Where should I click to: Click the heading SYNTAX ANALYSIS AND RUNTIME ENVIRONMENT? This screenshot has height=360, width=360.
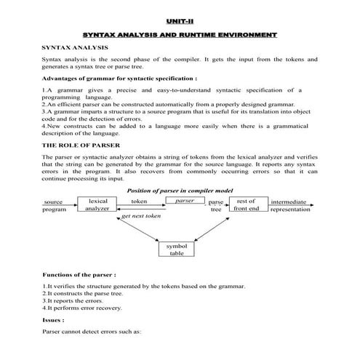point(180,35)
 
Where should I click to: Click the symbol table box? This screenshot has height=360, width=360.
point(177,249)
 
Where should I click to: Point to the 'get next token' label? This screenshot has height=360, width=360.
point(142,216)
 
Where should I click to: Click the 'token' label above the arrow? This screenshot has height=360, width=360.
point(139,200)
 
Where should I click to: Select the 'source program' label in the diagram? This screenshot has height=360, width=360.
point(54,205)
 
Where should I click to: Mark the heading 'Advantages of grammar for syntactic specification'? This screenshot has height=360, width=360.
point(120,77)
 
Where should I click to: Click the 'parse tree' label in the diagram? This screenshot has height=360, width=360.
point(216,205)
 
